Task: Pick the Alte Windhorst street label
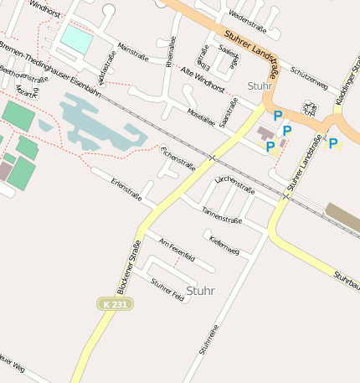click(x=203, y=80)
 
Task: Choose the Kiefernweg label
click(x=224, y=246)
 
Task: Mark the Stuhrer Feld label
click(x=167, y=291)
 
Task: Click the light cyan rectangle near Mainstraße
click(x=77, y=39)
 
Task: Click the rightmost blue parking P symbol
click(x=333, y=143)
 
